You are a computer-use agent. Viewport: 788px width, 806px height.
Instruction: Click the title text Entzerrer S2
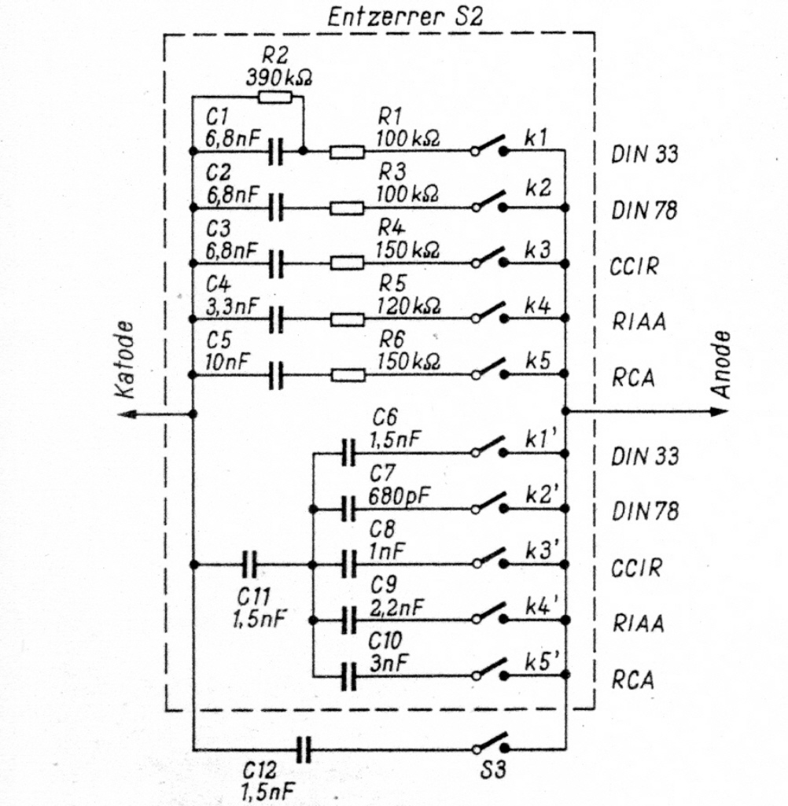click(405, 17)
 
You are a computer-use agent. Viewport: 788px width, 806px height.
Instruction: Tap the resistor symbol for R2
click(274, 97)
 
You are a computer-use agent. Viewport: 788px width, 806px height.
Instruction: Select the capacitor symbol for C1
click(275, 151)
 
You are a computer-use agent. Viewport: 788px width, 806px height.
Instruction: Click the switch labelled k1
click(489, 146)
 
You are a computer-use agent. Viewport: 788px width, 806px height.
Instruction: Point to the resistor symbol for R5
click(348, 319)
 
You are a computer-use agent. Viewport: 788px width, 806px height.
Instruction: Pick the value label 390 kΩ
click(278, 78)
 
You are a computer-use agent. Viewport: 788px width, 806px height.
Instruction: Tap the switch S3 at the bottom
click(491, 743)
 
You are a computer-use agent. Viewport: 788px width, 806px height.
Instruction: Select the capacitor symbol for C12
click(304, 750)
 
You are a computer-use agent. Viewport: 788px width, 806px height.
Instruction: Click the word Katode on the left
click(125, 360)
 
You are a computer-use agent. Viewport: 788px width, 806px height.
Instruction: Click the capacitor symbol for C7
click(348, 509)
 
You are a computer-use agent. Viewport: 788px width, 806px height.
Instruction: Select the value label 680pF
click(399, 496)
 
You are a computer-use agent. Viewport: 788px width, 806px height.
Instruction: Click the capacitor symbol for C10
click(348, 676)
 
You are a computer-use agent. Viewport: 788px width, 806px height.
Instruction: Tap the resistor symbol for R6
click(348, 375)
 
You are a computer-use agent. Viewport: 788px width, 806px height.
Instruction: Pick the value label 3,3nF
click(232, 307)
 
